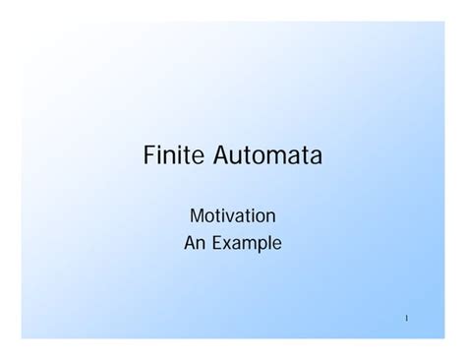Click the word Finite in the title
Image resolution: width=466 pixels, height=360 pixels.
[174, 156]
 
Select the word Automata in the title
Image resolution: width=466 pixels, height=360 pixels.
[267, 156]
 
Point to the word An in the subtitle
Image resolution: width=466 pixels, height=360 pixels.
[194, 241]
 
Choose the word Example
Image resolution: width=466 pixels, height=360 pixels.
[246, 242]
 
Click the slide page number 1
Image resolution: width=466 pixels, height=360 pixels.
[405, 318]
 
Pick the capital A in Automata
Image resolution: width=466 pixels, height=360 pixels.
[222, 156]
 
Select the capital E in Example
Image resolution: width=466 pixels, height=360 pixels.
[216, 241]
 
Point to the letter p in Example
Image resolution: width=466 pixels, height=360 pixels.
[262, 244]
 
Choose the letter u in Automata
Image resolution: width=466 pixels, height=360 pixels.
[239, 158]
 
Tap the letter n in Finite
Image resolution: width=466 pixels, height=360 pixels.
[173, 158]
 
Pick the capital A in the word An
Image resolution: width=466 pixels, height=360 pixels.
[190, 241]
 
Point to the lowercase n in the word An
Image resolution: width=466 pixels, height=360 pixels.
[201, 243]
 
